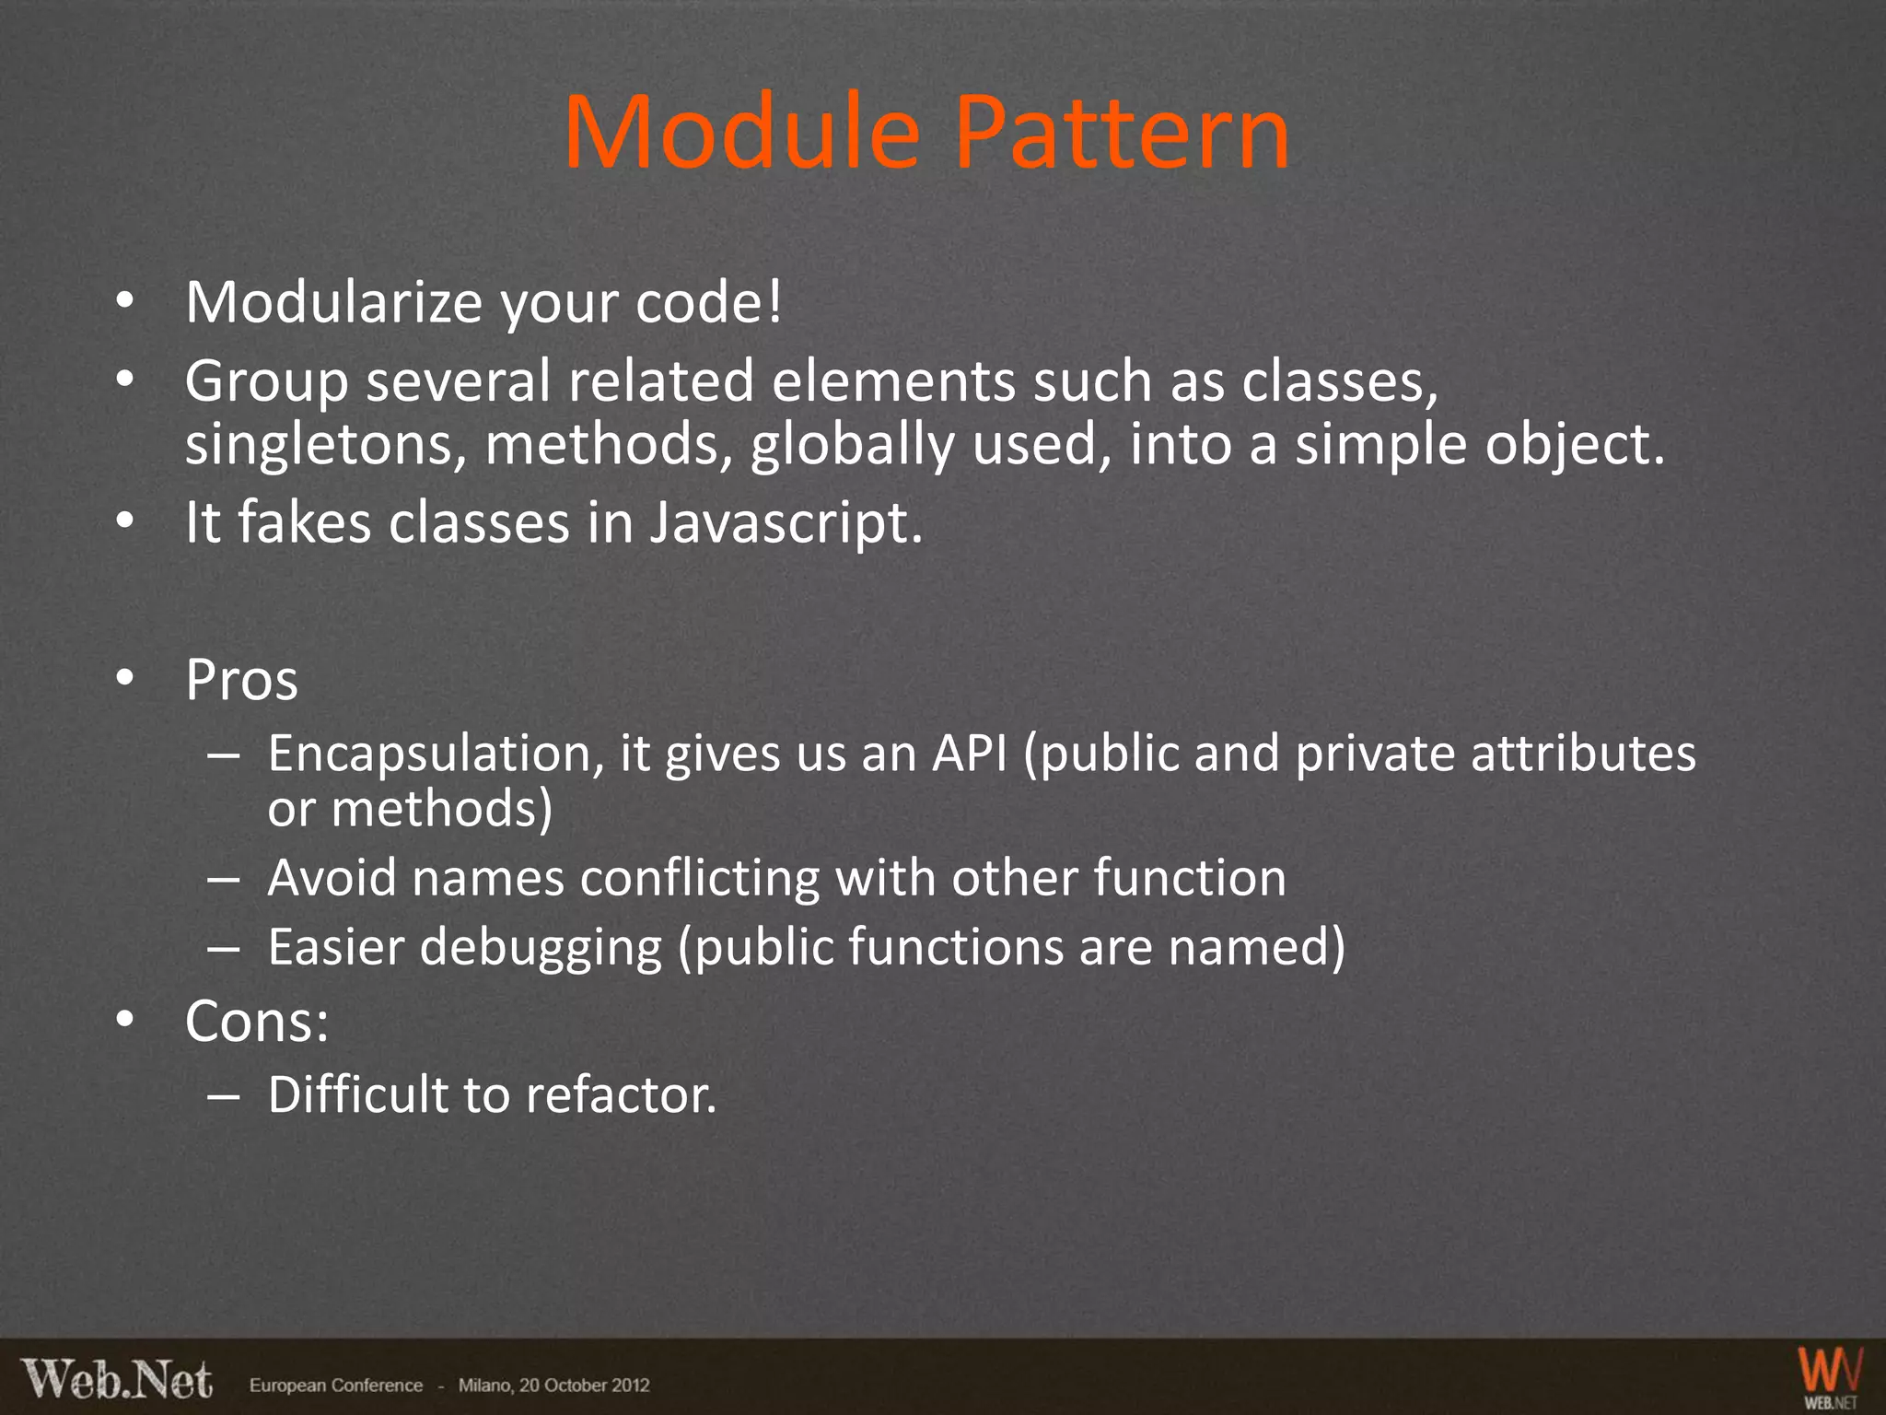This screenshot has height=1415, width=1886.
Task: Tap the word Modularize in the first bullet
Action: [332, 302]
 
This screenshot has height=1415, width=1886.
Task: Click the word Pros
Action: [241, 681]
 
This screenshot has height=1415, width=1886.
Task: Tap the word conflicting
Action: [700, 878]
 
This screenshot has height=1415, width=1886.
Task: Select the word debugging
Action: [541, 947]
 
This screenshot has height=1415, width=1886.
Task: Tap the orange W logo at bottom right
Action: [1831, 1373]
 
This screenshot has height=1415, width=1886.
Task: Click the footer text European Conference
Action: [336, 1386]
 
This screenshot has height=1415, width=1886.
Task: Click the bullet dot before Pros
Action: [125, 679]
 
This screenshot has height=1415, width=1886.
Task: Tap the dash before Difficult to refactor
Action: [224, 1095]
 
